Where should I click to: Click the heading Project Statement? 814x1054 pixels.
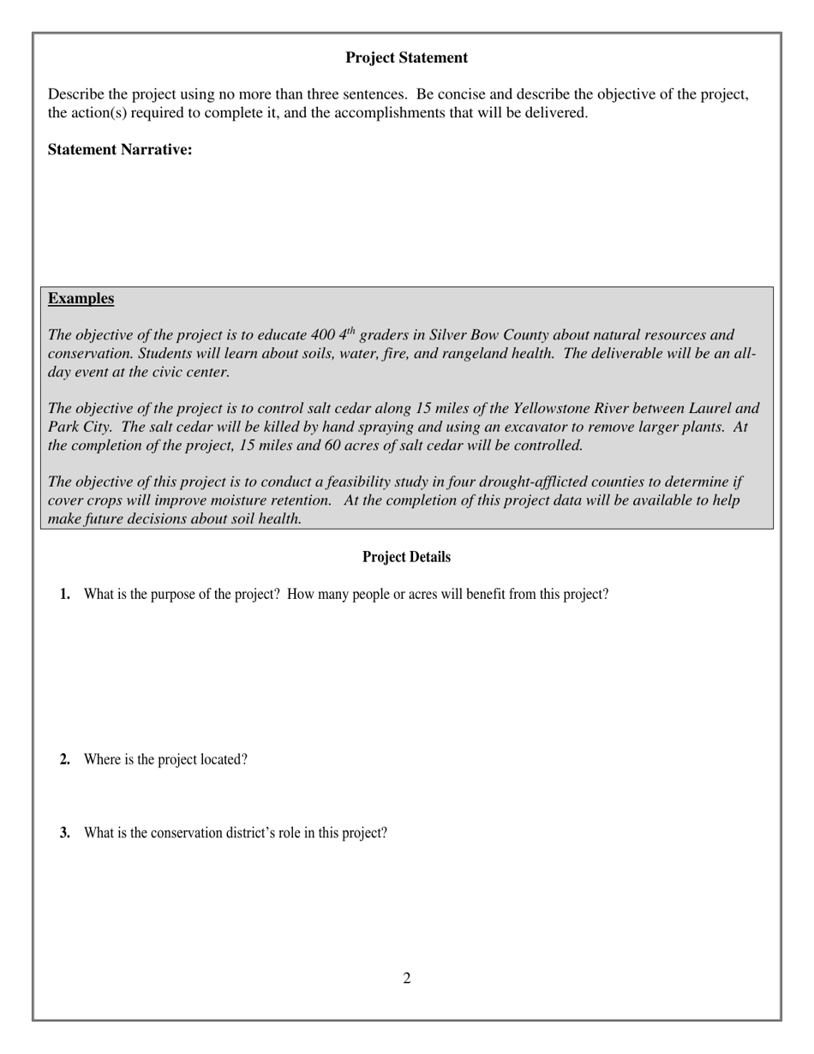406,57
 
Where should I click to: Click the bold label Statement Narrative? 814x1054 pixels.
120,150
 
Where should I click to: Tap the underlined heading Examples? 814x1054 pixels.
81,298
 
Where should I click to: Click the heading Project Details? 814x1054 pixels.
406,557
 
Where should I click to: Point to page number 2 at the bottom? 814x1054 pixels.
407,979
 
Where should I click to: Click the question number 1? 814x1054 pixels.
65,595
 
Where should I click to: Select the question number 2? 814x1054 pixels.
65,759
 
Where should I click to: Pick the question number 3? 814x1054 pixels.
65,833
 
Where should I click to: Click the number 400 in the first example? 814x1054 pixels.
324,335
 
